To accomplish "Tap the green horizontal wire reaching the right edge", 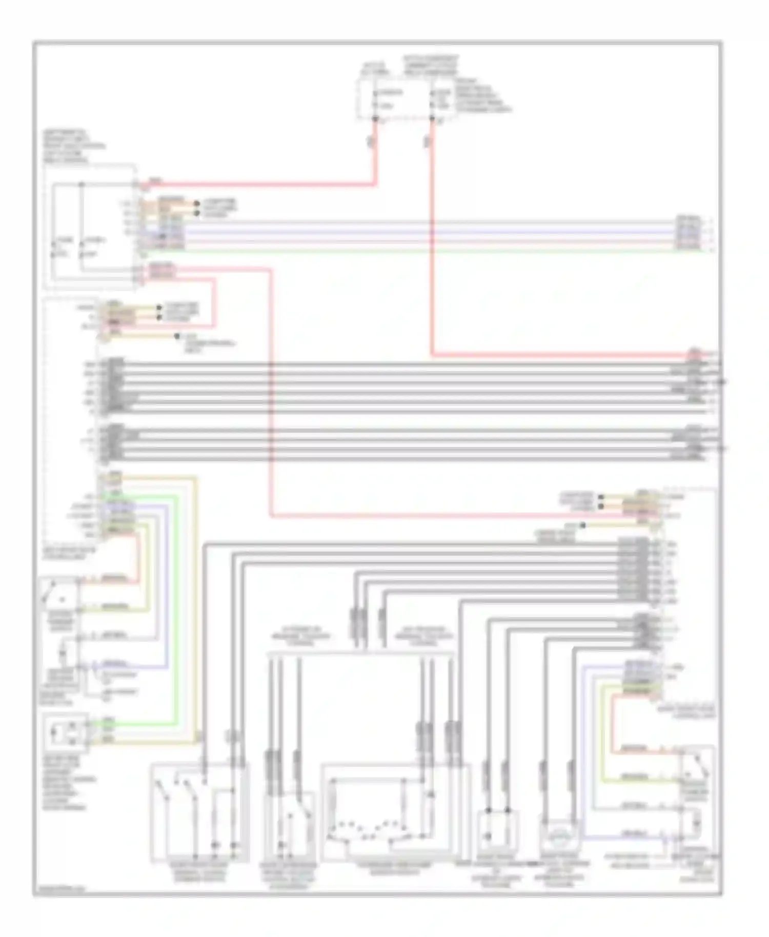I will pos(410,251).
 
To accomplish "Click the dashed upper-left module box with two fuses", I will pos(91,226).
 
